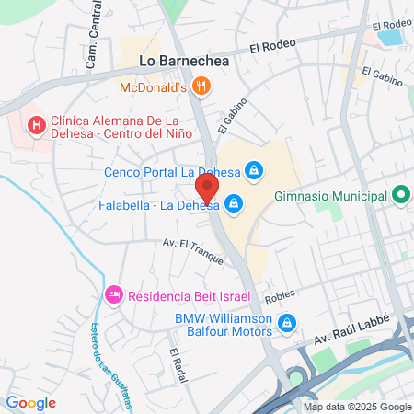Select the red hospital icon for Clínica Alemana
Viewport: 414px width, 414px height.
[37, 124]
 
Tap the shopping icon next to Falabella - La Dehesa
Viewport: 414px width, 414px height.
[235, 202]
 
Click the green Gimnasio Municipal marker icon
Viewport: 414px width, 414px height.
[400, 196]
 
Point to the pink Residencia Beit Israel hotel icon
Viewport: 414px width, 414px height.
[114, 294]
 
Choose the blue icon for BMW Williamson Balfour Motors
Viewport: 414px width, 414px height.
[288, 323]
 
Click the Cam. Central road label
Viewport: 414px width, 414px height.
[93, 41]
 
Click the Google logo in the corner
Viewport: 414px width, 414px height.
[30, 402]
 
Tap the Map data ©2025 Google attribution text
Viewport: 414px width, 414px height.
[358, 407]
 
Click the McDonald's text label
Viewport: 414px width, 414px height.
[154, 88]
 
